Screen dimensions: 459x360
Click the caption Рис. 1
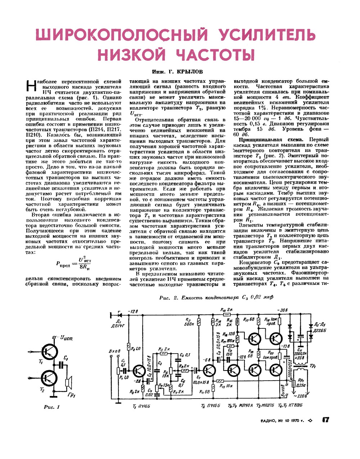point(51,407)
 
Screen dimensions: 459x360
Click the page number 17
point(326,420)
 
